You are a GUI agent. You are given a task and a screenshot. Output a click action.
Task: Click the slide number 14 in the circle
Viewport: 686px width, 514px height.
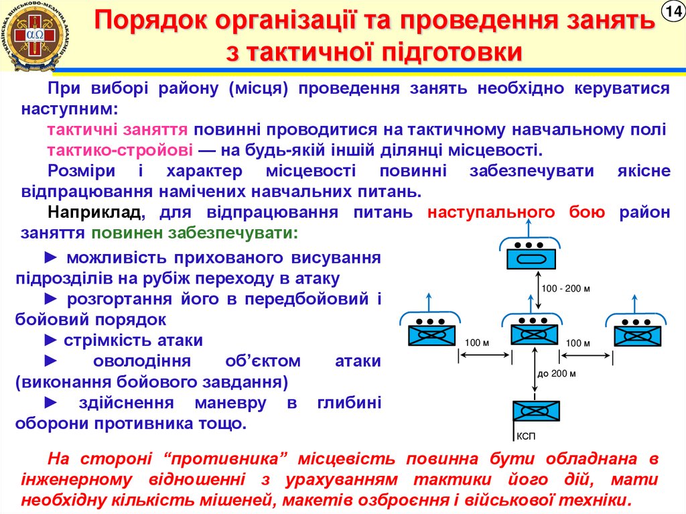click(671, 11)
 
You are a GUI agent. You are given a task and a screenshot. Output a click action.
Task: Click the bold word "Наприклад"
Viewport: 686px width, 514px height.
click(94, 213)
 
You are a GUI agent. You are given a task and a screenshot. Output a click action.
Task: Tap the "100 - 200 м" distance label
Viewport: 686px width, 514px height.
click(565, 289)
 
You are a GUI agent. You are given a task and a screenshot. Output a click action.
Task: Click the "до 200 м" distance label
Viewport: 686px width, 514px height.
click(557, 373)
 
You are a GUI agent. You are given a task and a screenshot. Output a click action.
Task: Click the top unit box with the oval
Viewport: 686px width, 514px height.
click(530, 257)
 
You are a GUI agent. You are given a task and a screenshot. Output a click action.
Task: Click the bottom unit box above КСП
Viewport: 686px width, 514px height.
click(536, 411)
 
